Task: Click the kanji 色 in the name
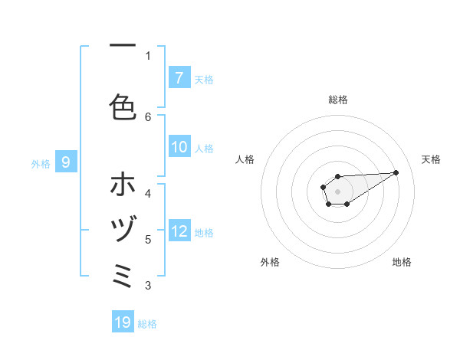[x=123, y=106]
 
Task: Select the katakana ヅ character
[x=123, y=229]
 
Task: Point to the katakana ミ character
[x=123, y=273]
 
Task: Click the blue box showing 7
[x=179, y=78]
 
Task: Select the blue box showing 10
[x=179, y=147]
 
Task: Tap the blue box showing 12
[x=179, y=231]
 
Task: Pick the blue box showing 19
[x=123, y=322]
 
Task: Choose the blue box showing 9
[x=66, y=162]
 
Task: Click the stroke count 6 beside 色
[x=148, y=116]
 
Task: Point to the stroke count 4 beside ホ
[x=148, y=194]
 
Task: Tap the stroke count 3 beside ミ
[x=148, y=286]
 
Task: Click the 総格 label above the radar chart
[x=338, y=100]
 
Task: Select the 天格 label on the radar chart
[x=431, y=159]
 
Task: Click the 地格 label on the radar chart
[x=402, y=262]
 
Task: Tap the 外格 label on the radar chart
[x=270, y=262]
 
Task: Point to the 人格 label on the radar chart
[x=245, y=159]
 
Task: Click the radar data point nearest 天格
[x=396, y=172]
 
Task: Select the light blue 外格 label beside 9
[x=41, y=163]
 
